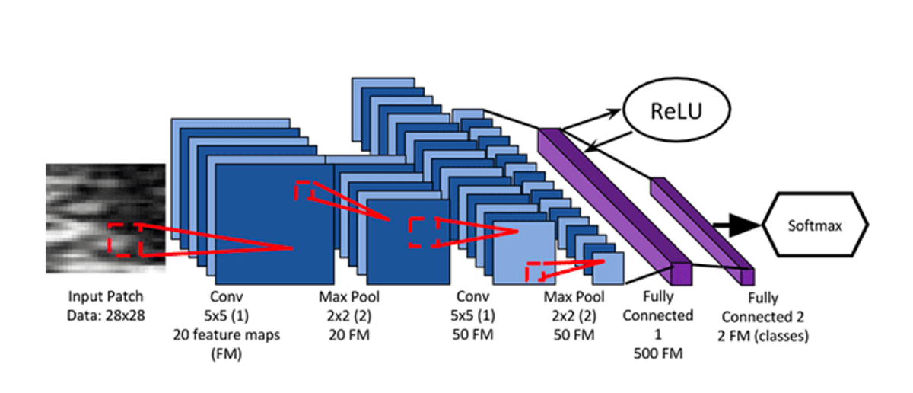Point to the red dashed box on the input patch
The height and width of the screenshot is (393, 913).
pyautogui.click(x=124, y=239)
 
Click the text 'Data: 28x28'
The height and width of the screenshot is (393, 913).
pyautogui.click(x=106, y=312)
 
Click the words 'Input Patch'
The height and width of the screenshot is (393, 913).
pyautogui.click(x=106, y=296)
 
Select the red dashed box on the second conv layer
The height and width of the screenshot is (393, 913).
pyautogui.click(x=536, y=270)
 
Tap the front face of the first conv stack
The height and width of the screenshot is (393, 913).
pyautogui.click(x=274, y=224)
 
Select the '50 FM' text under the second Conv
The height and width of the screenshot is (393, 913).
pyautogui.click(x=473, y=334)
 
